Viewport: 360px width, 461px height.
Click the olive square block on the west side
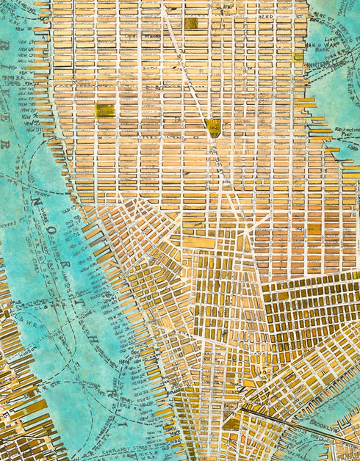(x=104, y=111)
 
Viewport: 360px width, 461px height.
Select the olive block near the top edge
(x=191, y=23)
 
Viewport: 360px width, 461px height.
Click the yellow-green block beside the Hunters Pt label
(x=298, y=57)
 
